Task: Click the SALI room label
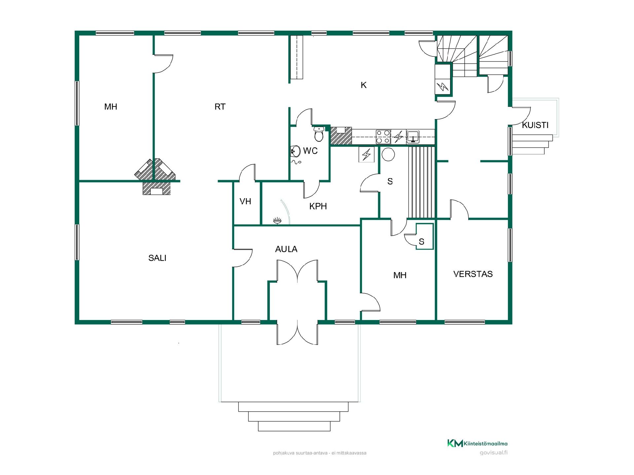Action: (x=157, y=258)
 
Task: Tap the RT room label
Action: (x=220, y=107)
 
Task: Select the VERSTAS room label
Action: (x=473, y=274)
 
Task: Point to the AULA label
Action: (x=286, y=249)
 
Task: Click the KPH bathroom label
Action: (x=318, y=206)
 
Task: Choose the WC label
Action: (x=310, y=151)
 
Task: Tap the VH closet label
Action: (x=245, y=201)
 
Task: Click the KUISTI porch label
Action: (x=535, y=125)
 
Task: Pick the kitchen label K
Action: (x=364, y=85)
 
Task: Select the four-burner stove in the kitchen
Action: (x=383, y=137)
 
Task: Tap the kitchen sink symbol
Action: (x=413, y=137)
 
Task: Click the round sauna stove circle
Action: (x=388, y=154)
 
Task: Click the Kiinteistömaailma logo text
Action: (x=485, y=444)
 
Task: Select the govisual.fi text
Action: (x=494, y=453)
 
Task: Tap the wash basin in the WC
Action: (x=295, y=151)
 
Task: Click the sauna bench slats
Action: (x=422, y=182)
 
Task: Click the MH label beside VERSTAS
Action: (x=400, y=275)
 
